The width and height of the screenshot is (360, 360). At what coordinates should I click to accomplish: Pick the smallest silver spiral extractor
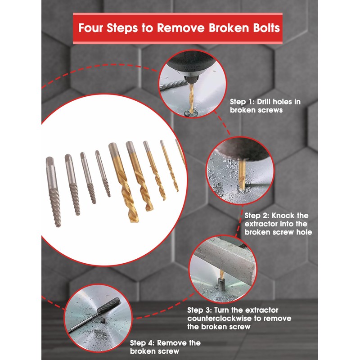(103, 173)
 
